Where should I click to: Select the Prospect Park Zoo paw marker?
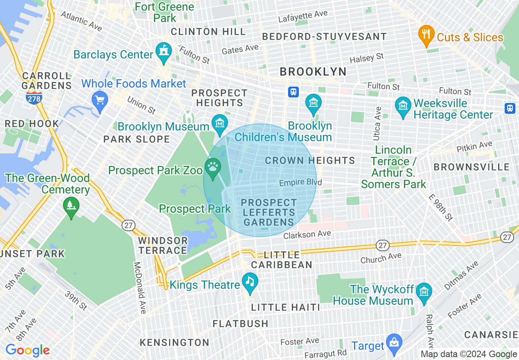pos(213,168)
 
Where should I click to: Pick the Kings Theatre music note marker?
pos(250,282)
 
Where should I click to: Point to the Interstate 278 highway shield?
pos(34,97)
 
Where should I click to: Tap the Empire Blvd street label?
pos(300,182)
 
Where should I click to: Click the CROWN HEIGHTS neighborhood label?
pos(310,160)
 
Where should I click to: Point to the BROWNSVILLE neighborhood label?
pos(472,167)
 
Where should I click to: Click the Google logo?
pos(27,351)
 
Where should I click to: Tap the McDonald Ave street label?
pos(140,288)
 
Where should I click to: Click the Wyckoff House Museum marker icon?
pos(424,292)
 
